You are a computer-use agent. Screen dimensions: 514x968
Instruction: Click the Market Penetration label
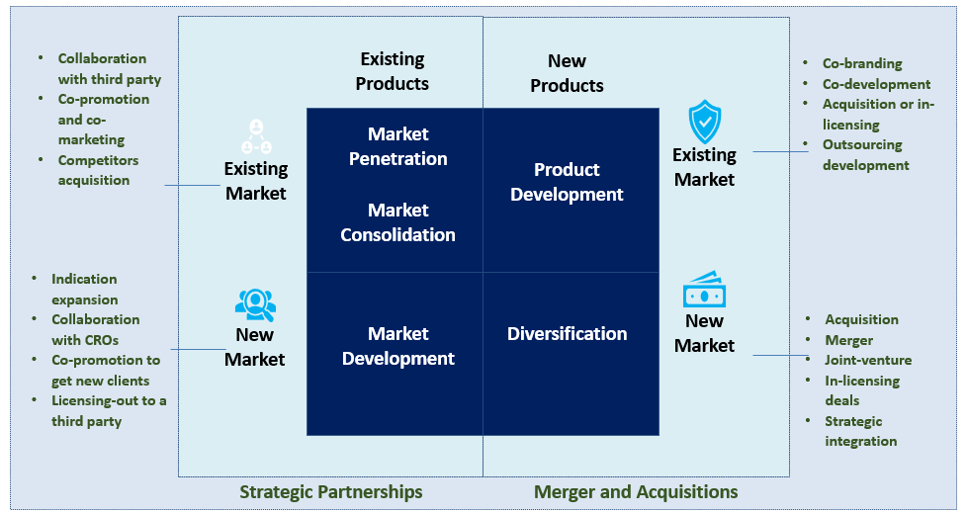[x=397, y=146]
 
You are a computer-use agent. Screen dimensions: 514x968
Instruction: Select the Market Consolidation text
[x=397, y=222]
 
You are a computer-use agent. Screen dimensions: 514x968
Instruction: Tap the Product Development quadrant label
[x=567, y=182]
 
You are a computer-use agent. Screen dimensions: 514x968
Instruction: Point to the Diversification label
[x=567, y=334]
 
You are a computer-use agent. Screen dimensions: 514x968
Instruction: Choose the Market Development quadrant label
[x=397, y=346]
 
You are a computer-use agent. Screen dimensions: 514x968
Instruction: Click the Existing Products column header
[x=393, y=71]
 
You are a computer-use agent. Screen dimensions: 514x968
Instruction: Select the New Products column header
[x=567, y=73]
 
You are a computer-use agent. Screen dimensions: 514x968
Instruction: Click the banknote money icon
[x=704, y=290]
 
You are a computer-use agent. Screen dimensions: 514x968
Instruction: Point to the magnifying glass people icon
[x=255, y=302]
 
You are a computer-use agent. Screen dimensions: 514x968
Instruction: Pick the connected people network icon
[x=256, y=136]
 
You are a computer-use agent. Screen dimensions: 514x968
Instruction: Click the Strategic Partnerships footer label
[x=331, y=492]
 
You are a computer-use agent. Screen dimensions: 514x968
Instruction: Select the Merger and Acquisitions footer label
[x=636, y=492]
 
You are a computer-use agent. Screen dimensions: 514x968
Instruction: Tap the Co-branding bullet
[x=862, y=63]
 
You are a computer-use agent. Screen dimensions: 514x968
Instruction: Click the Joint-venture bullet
[x=868, y=360]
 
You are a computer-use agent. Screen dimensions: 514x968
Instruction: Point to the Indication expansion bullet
[x=85, y=290]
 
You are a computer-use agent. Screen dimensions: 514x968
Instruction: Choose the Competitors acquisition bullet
[x=97, y=170]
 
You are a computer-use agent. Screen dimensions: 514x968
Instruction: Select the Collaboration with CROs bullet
[x=95, y=329]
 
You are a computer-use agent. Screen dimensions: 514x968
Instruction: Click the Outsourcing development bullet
[x=865, y=155]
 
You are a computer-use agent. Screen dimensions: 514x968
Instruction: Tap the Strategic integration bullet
[x=860, y=431]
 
